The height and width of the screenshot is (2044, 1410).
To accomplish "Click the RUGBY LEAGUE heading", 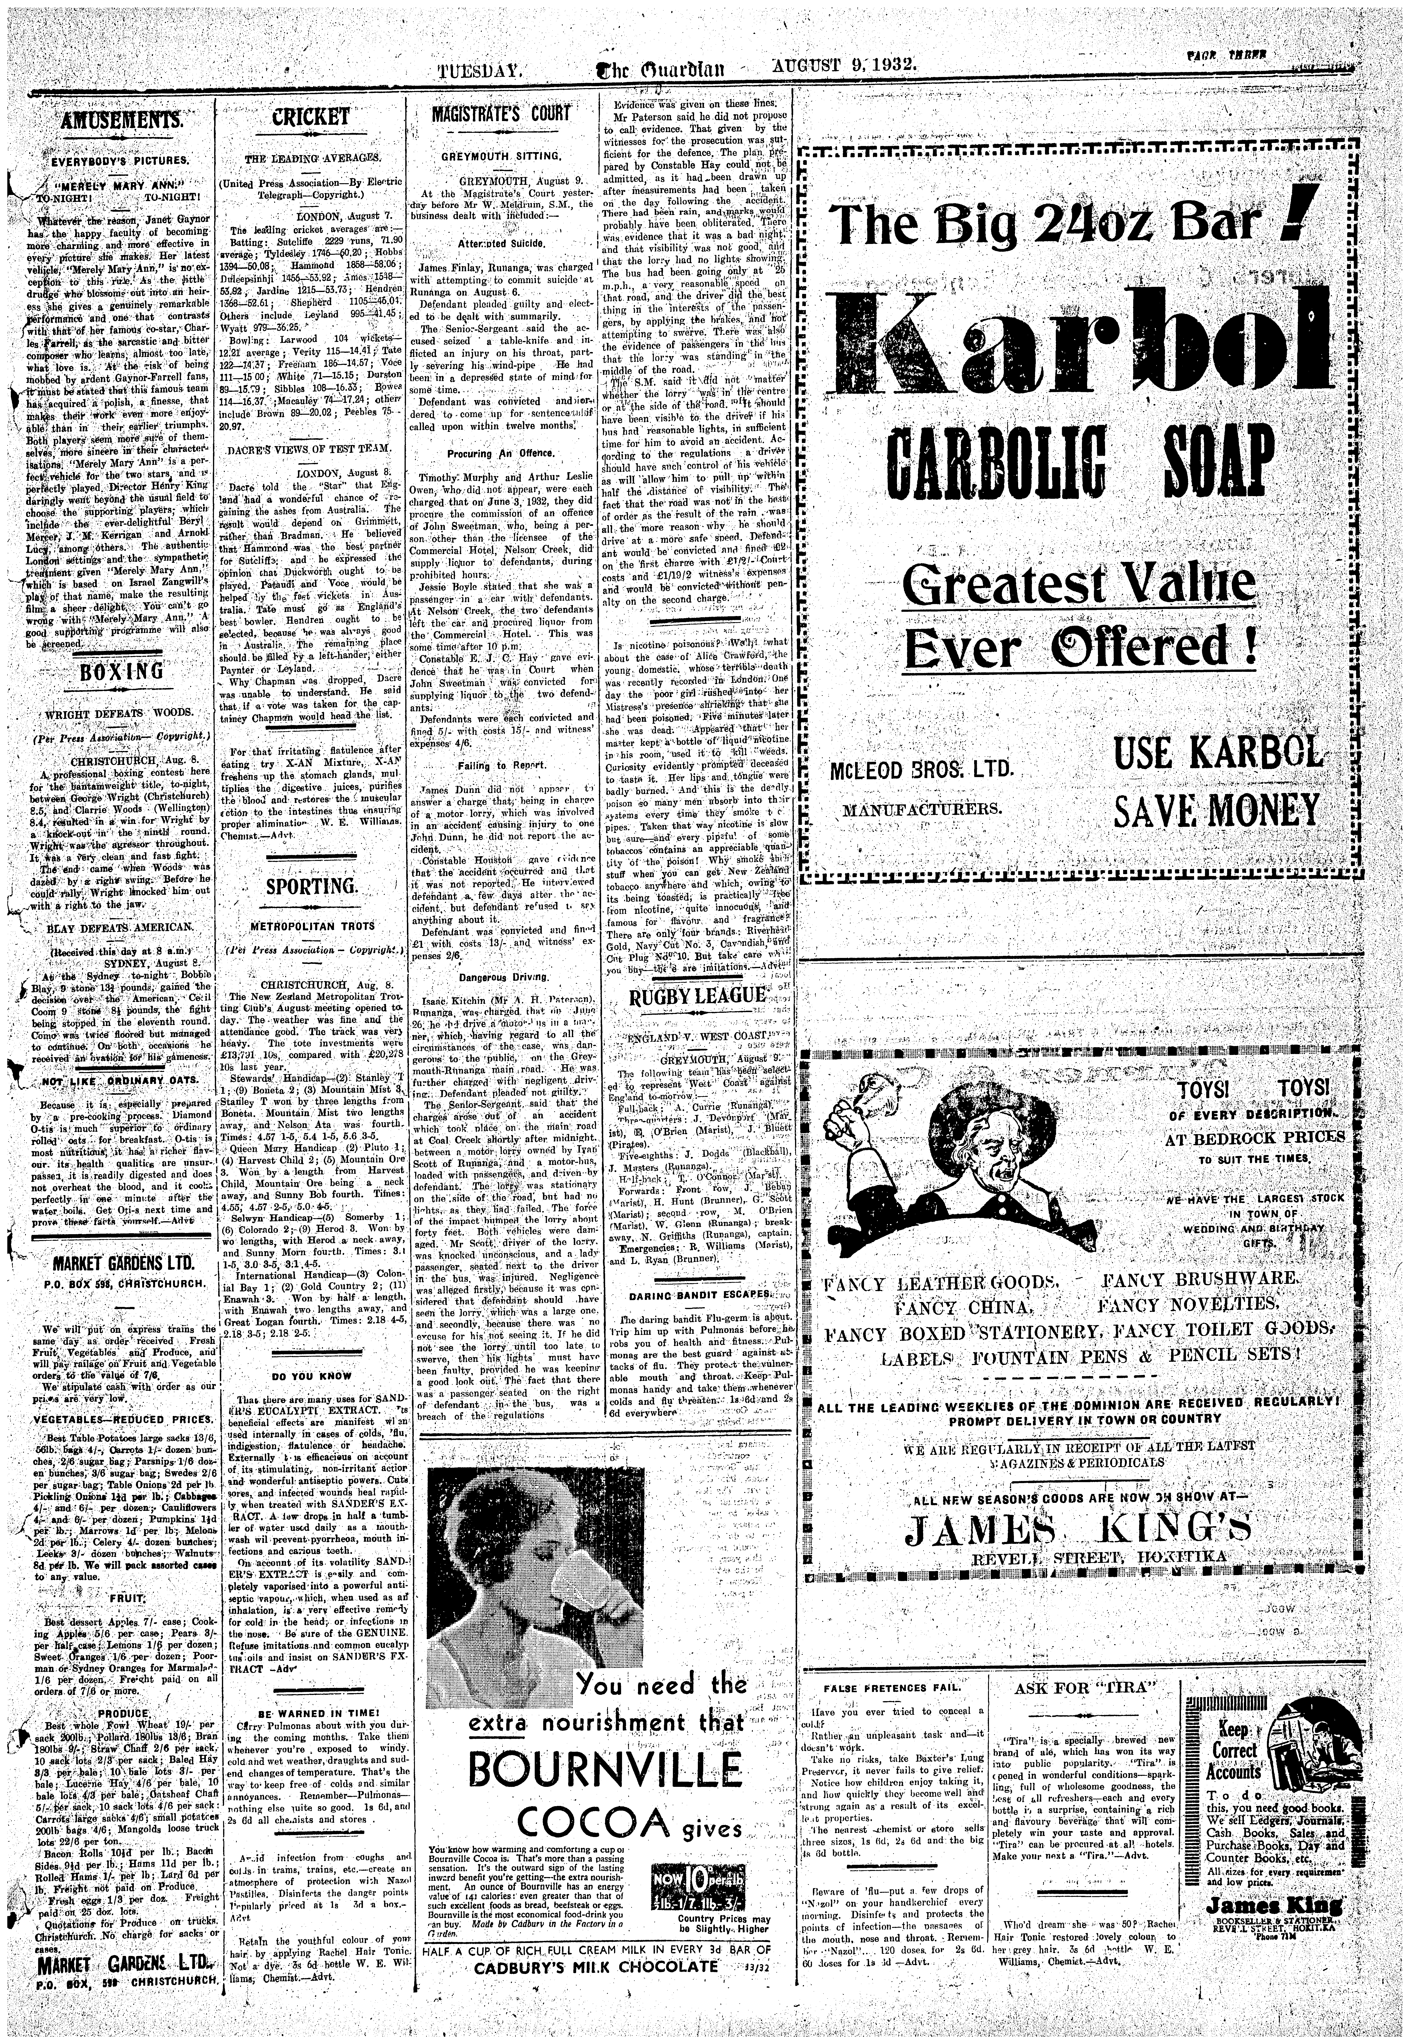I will click(x=696, y=996).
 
